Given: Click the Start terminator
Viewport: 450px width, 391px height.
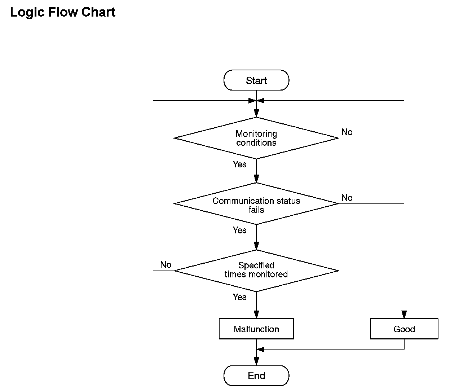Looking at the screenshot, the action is point(256,80).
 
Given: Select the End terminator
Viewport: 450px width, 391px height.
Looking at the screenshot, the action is point(256,375).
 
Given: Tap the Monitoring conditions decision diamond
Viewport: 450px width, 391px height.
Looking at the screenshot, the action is point(256,138).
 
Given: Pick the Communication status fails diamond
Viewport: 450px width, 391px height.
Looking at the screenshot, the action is point(256,204).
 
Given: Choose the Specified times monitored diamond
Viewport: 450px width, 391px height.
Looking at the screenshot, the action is point(256,271).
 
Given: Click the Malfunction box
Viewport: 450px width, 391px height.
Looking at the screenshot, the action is point(256,329).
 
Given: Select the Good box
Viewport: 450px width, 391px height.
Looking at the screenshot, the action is point(404,329).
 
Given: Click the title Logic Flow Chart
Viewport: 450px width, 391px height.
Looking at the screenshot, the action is point(63,12).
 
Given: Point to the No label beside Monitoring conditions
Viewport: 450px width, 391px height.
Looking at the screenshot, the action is point(347,132).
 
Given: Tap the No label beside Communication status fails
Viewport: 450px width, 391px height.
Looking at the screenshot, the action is point(347,198).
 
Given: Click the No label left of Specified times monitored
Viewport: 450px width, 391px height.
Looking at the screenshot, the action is point(166,265).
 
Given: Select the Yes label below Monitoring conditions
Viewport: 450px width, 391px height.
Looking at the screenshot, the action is point(239,164).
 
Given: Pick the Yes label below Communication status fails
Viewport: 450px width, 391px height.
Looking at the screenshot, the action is point(239,230).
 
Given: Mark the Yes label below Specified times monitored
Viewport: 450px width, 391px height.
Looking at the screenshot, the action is point(239,297).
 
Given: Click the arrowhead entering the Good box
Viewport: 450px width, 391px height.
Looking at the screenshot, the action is point(404,315).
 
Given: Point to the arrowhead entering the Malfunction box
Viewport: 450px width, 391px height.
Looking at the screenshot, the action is point(256,315).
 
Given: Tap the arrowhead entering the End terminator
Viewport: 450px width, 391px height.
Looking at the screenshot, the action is point(256,361).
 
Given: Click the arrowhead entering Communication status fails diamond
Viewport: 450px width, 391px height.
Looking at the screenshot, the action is point(256,179).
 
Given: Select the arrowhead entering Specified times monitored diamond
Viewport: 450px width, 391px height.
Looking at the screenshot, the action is point(256,246).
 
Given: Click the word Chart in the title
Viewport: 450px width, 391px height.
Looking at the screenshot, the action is point(98,12).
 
